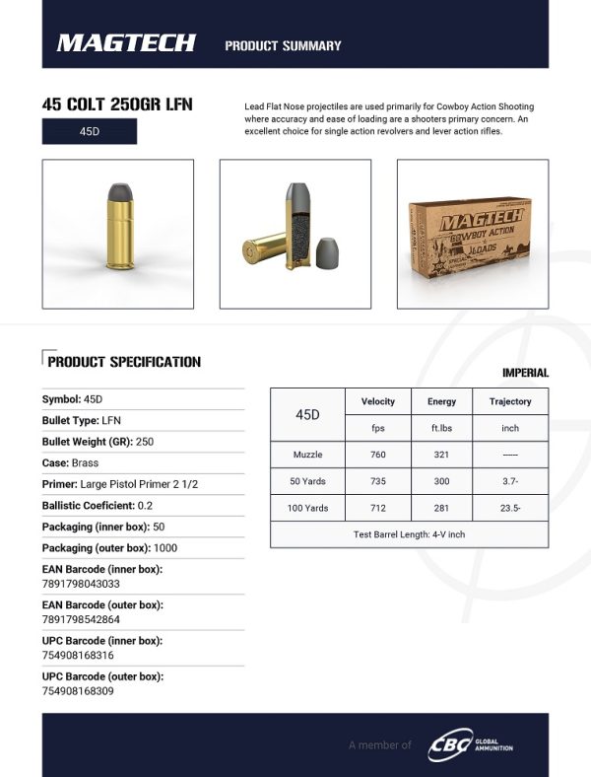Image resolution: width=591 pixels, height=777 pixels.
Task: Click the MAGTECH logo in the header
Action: pos(126,42)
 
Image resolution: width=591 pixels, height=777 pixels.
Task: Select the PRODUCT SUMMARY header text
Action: pos(283,45)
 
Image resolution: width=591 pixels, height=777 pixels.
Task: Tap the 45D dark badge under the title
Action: pos(89,131)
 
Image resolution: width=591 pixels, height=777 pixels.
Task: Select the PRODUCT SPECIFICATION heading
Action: pos(124,362)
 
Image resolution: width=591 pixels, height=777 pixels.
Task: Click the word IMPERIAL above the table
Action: pos(525,373)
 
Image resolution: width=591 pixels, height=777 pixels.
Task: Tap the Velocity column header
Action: pos(378,401)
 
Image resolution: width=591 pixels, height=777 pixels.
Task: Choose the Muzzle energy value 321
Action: pos(441,457)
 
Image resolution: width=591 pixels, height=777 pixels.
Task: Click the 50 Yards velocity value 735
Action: pos(378,482)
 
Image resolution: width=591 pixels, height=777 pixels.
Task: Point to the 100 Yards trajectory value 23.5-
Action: pos(510,508)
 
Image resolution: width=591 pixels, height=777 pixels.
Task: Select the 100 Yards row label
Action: pos(307,508)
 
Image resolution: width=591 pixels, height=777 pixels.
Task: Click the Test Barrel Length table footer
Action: pos(409,533)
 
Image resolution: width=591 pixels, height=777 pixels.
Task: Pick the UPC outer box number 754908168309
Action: pos(78,690)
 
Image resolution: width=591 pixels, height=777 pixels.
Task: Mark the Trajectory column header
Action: pos(510,401)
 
